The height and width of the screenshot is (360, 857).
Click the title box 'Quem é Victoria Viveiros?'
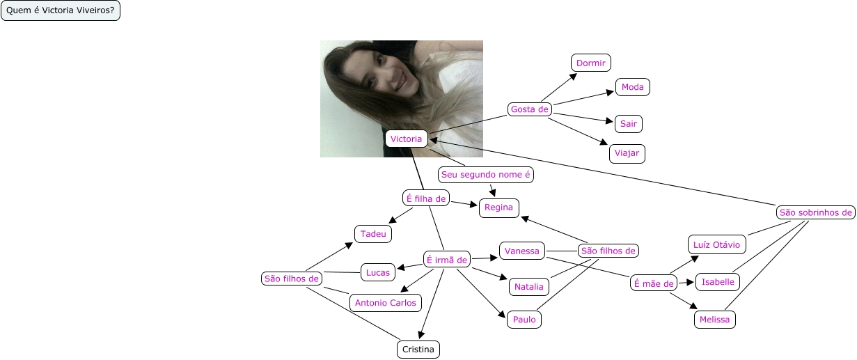pos(61,11)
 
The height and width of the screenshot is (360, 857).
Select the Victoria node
pos(406,139)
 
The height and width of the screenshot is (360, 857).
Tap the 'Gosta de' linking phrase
pos(530,109)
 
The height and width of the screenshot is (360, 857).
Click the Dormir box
pos(592,63)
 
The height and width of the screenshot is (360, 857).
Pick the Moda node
pos(633,87)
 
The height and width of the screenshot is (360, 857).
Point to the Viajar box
pos(627,153)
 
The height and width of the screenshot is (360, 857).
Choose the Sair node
pos(629,124)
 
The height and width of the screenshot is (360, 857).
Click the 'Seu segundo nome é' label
pos(486,174)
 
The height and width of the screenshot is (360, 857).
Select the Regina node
pos(498,207)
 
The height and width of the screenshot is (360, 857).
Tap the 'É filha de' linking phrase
pos(425,198)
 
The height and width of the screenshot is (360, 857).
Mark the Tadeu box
pos(373,234)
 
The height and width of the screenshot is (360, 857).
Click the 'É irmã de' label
pos(447,260)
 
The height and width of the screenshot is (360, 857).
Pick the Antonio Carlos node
pos(386,302)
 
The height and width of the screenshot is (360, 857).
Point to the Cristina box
pos(418,349)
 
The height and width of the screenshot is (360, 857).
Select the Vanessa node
pos(522,251)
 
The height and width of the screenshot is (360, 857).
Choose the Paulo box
pos(524,319)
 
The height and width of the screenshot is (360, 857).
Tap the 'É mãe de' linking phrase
pos(654,283)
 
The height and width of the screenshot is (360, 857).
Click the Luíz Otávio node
pos(717,244)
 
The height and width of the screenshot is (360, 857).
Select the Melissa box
pos(716,320)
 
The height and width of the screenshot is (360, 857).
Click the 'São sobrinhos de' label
pos(816,212)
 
